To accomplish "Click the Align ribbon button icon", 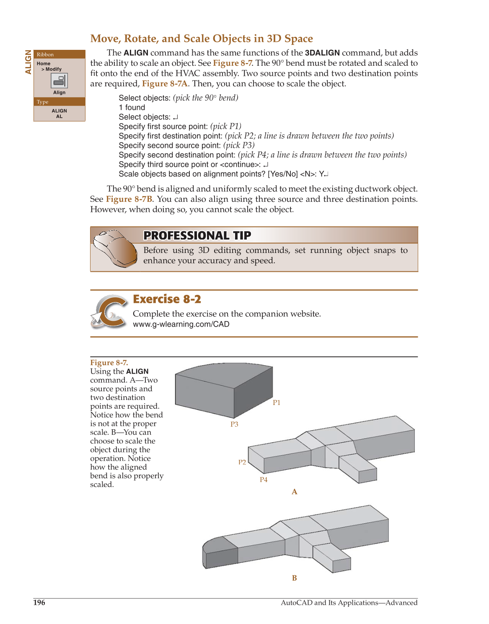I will point(59,80).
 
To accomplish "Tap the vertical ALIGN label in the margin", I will point(28,62).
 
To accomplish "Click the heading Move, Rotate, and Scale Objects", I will point(202,39).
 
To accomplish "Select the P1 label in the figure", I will point(277,402).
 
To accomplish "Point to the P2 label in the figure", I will point(242,462).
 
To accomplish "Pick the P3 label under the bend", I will point(234,424).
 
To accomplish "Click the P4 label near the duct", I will point(264,480).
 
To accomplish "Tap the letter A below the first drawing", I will point(295,492).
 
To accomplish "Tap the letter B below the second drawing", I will point(295,578).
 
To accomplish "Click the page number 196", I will point(39,603).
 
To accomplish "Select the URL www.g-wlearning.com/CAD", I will point(181,324).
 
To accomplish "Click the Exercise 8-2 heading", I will point(167,299).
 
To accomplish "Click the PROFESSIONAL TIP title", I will point(197,235).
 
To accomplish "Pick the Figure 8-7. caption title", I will point(109,363).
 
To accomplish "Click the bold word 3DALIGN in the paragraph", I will point(322,53).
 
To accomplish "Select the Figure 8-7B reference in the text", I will point(129,199).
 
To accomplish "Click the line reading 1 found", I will point(132,108).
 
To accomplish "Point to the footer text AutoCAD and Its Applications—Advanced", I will point(349,603).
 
